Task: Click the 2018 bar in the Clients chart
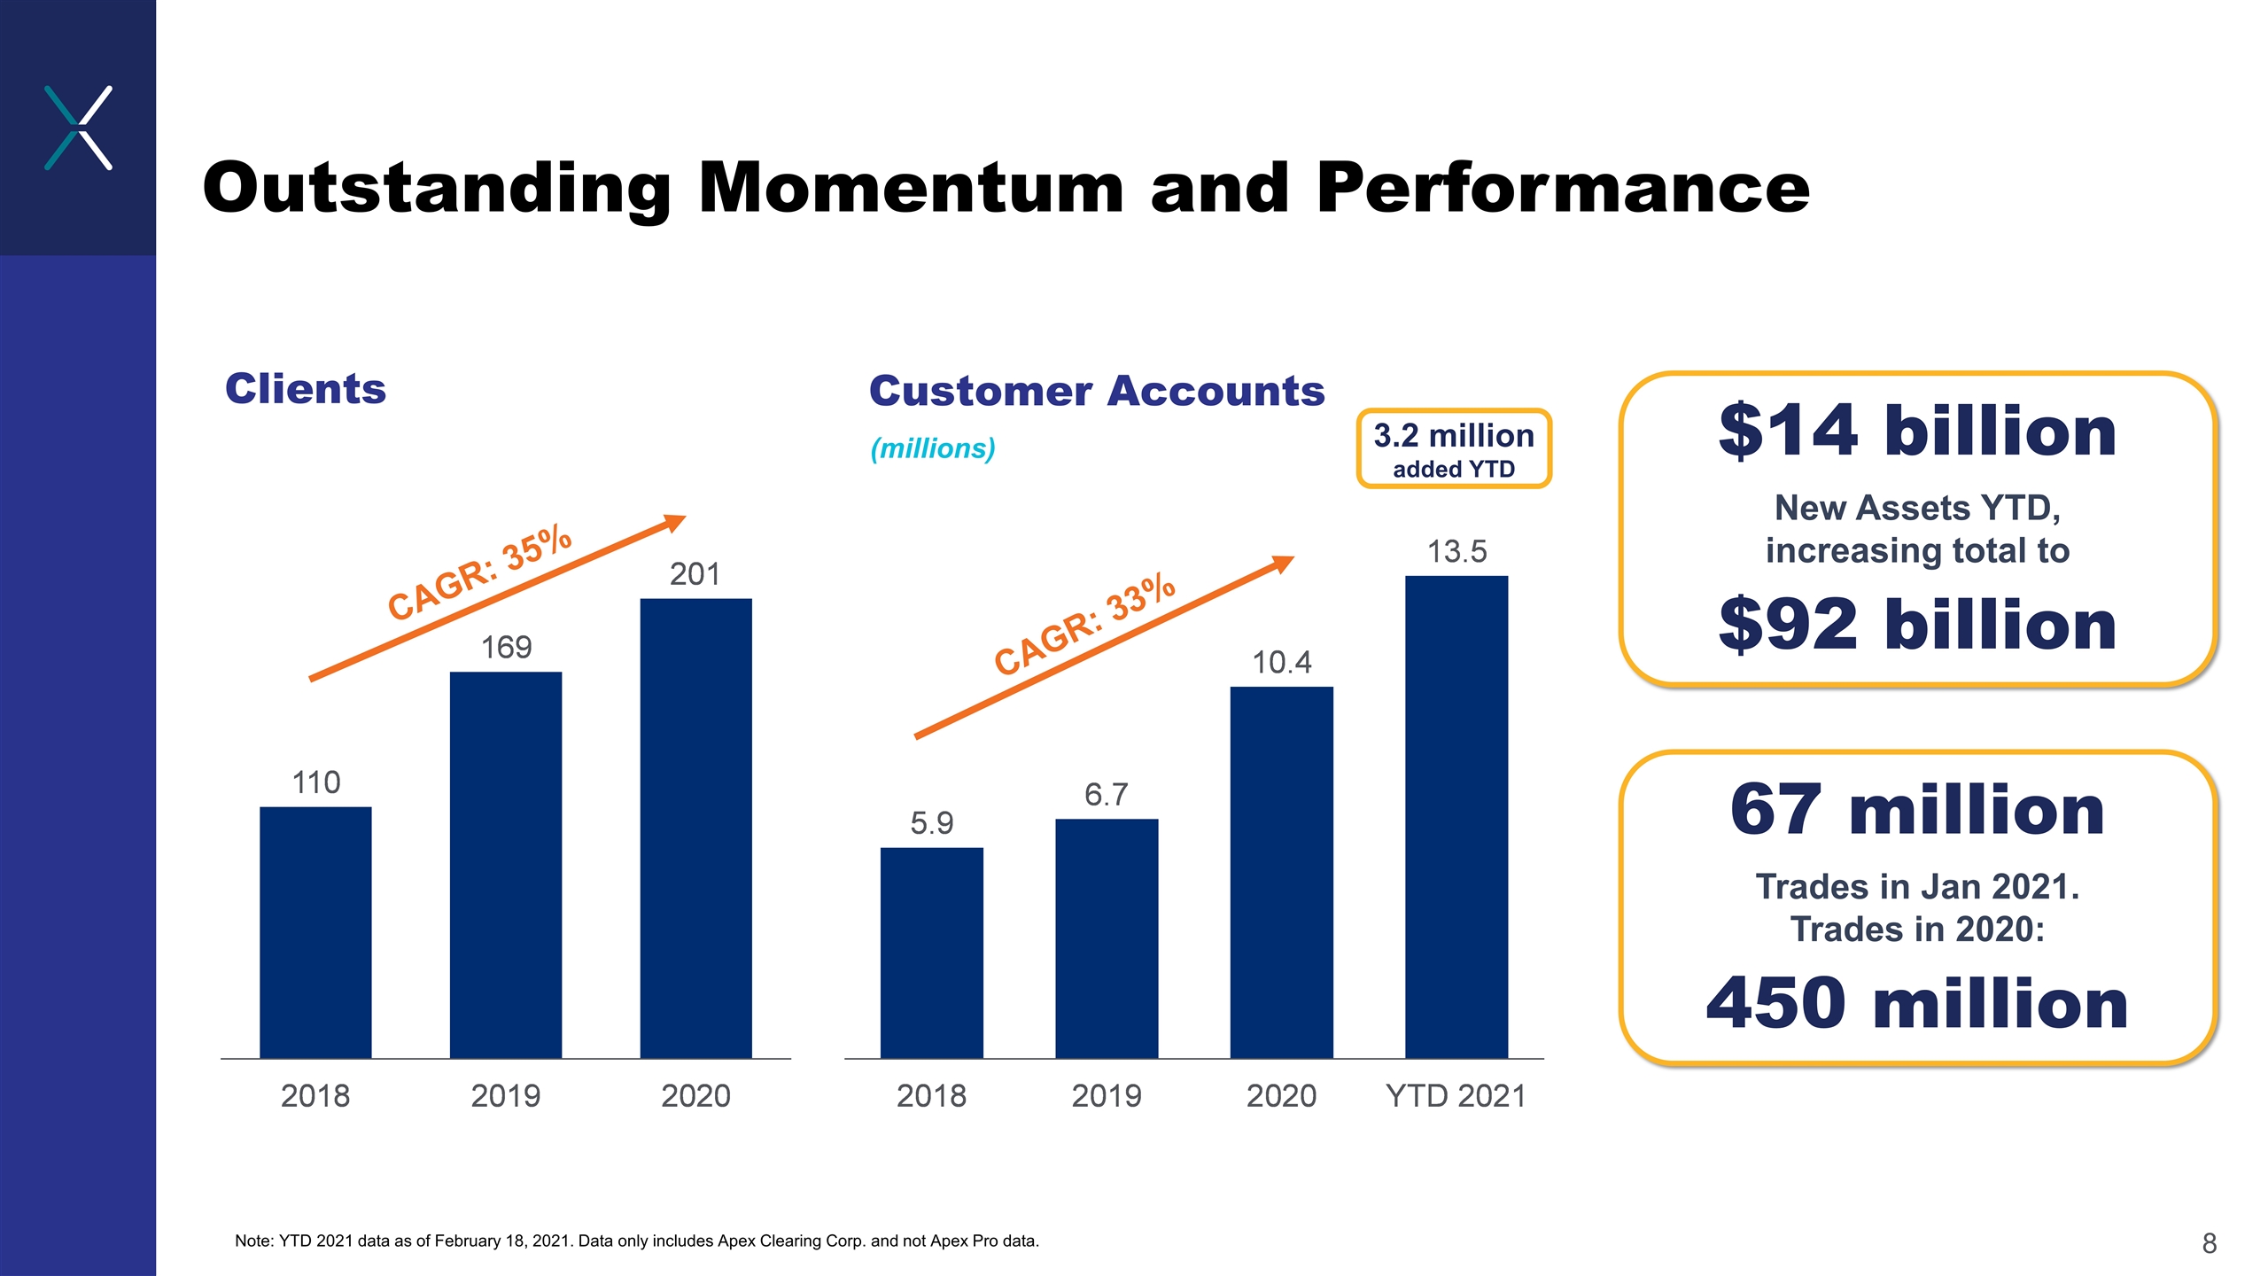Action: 315,932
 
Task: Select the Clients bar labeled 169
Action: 506,865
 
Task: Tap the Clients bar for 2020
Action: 695,829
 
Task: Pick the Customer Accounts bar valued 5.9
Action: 931,953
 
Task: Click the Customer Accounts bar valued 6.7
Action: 1107,938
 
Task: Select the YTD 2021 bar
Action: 1456,817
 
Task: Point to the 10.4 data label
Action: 1281,662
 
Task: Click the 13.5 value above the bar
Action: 1456,551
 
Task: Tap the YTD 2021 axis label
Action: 1456,1096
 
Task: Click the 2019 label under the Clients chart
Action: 506,1096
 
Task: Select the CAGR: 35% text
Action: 480,572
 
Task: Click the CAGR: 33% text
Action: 1084,625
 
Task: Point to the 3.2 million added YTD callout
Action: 1454,448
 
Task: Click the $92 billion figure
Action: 1917,624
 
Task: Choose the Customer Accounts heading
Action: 1097,391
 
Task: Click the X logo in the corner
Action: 78,128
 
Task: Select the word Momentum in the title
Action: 911,188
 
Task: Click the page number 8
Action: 2209,1243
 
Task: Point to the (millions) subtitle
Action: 933,448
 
